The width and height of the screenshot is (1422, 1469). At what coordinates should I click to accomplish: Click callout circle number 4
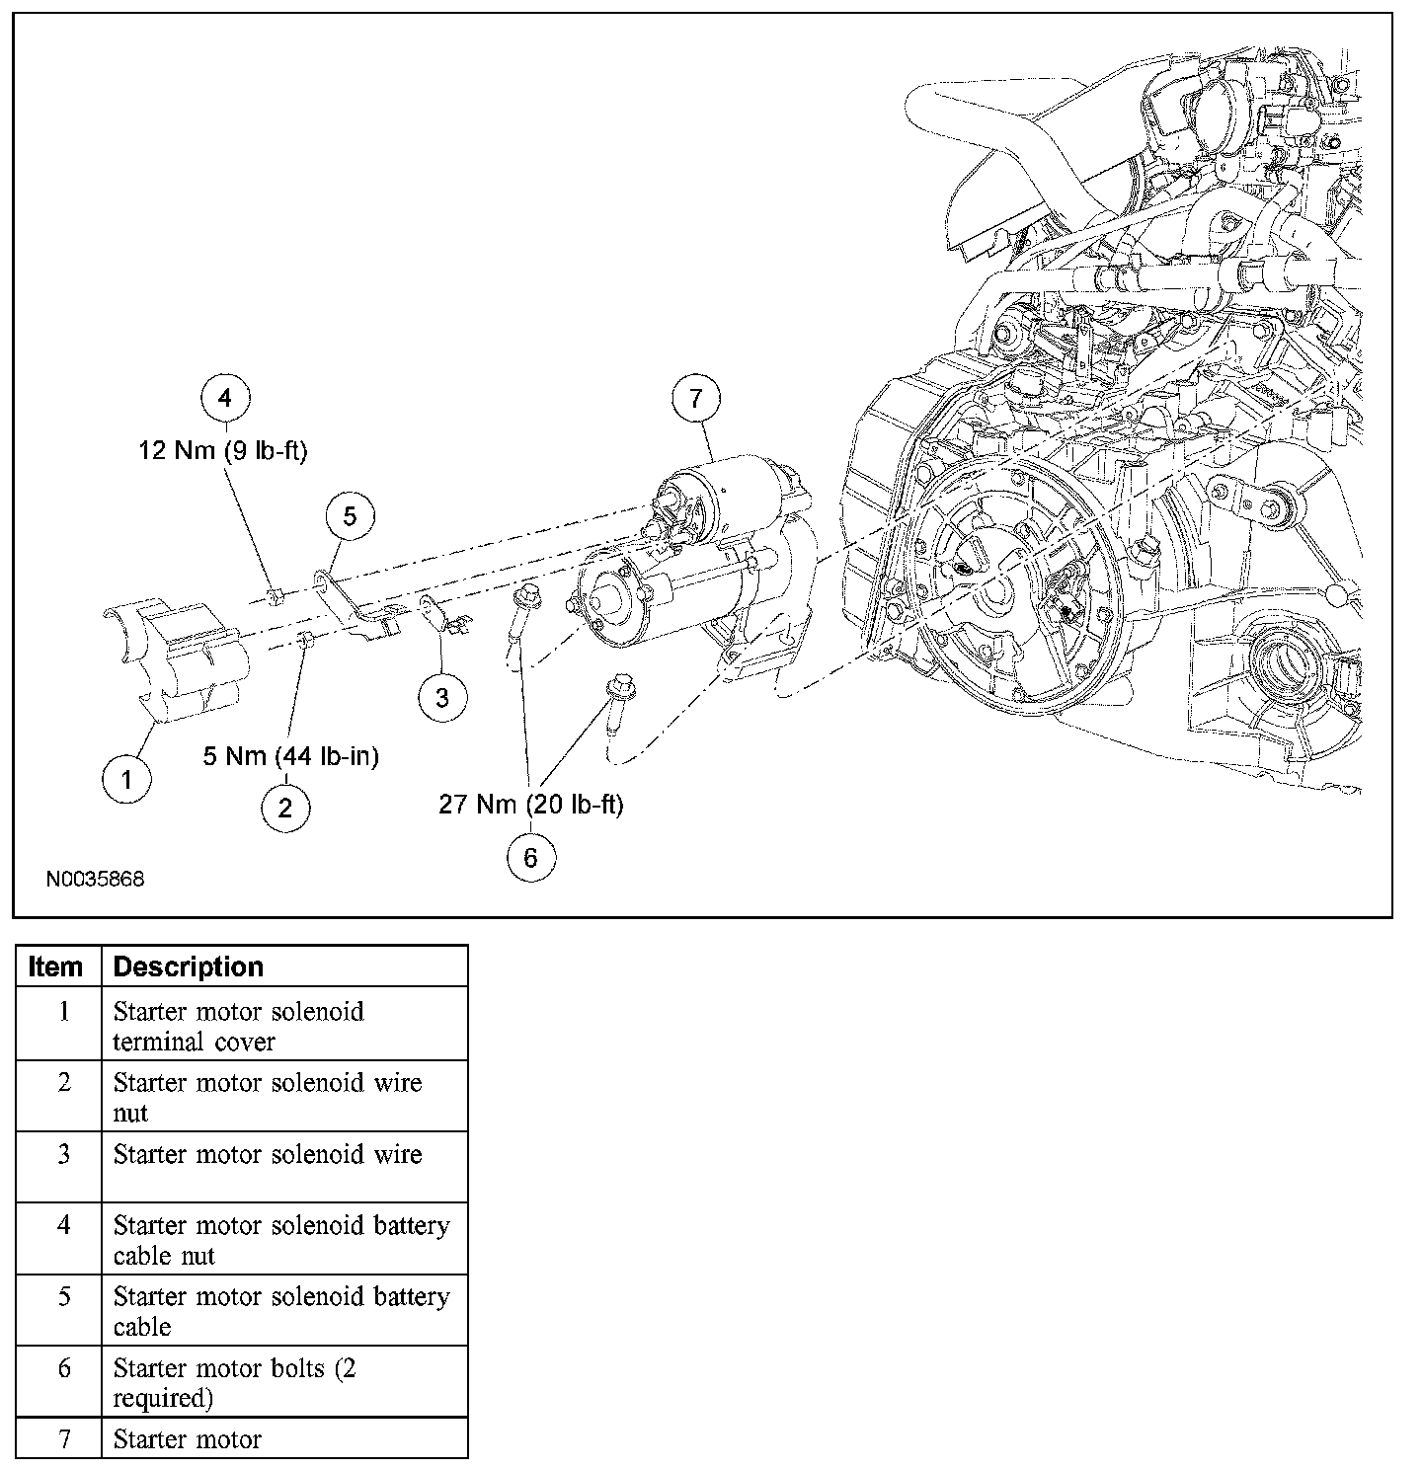pos(225,398)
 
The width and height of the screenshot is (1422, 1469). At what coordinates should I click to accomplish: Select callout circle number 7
pos(695,398)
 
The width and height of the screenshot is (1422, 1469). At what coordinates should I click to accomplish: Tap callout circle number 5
pos(351,514)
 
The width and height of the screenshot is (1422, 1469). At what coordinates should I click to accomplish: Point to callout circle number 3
pos(441,697)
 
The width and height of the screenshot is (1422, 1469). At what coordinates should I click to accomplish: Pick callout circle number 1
pos(126,780)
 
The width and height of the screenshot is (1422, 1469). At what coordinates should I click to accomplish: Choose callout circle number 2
pos(285,809)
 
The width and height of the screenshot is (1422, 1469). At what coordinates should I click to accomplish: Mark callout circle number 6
pos(530,858)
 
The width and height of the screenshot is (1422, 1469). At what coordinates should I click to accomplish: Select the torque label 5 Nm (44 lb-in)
pos(290,756)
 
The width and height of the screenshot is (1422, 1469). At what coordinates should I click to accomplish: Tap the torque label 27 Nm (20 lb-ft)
pos(530,805)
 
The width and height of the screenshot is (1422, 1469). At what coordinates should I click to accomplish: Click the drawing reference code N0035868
pos(95,878)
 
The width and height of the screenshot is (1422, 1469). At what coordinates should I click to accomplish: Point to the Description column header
pos(188,966)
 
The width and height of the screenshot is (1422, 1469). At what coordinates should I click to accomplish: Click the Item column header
pos(56,966)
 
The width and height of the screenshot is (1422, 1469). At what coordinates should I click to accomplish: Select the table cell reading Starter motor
pos(188,1438)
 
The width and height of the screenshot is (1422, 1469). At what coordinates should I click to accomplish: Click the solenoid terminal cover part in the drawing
pos(178,657)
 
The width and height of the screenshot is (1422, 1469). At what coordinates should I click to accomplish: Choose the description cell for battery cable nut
pos(281,1240)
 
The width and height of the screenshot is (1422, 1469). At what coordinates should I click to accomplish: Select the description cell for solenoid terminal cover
pos(239,1026)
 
